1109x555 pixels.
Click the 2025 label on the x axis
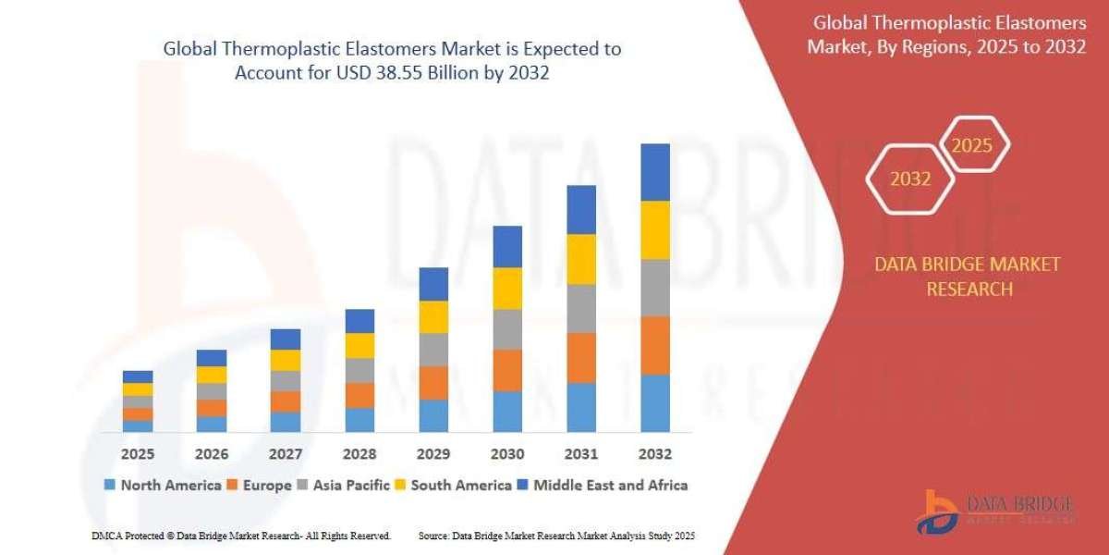click(138, 454)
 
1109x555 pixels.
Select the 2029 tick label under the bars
click(433, 454)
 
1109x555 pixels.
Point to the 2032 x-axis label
click(655, 454)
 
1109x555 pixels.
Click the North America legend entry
click(163, 485)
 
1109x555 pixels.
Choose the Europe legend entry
click(261, 485)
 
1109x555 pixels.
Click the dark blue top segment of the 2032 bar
click(655, 172)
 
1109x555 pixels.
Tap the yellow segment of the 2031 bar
click(581, 259)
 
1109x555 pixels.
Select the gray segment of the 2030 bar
click(507, 329)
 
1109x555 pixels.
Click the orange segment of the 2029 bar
click(433, 383)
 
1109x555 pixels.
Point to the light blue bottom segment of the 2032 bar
click(655, 403)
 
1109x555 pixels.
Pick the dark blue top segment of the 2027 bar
click(286, 339)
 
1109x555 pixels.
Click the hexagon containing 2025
click(971, 145)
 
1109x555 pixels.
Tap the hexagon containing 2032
click(909, 179)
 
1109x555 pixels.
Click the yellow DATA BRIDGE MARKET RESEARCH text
click(968, 277)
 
